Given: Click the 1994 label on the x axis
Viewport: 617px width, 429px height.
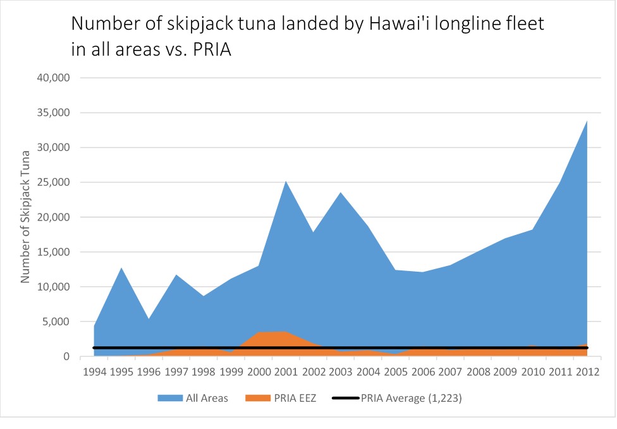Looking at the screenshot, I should tap(94, 370).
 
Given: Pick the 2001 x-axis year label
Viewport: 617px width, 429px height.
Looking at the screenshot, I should tap(286, 370).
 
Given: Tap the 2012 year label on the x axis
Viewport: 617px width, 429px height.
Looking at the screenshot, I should tap(587, 370).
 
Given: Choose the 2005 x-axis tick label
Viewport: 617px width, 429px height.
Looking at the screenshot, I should tap(395, 370).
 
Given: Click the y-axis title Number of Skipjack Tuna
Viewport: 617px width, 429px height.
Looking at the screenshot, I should tap(26, 217).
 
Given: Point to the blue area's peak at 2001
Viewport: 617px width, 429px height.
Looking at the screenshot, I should tap(286, 182).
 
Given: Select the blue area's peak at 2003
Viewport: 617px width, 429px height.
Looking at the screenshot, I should tap(341, 193).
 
